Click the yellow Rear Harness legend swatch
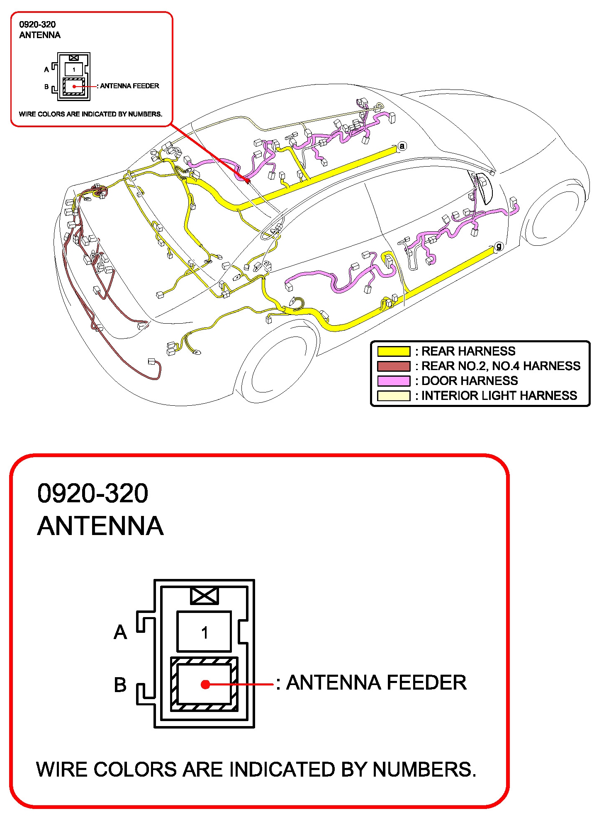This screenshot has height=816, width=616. click(x=393, y=351)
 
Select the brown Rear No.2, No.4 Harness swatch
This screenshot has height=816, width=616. click(x=393, y=366)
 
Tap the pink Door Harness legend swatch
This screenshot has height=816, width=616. click(x=393, y=381)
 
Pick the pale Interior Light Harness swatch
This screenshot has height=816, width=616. click(x=393, y=396)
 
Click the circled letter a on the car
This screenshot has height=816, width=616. click(x=402, y=146)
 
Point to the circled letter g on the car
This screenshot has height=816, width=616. click(x=499, y=247)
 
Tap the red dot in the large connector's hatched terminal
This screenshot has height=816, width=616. click(x=205, y=684)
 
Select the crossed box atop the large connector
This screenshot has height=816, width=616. click(x=204, y=596)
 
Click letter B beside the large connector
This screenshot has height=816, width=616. click(x=120, y=685)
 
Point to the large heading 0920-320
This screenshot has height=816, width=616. click(x=93, y=493)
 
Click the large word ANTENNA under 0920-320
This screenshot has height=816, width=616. click(x=100, y=526)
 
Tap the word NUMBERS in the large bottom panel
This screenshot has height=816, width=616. click(x=424, y=770)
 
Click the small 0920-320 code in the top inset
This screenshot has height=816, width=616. click(x=37, y=24)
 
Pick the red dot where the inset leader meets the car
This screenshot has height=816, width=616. click(x=248, y=181)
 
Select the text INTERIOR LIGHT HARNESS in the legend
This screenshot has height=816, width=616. click(x=499, y=396)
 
